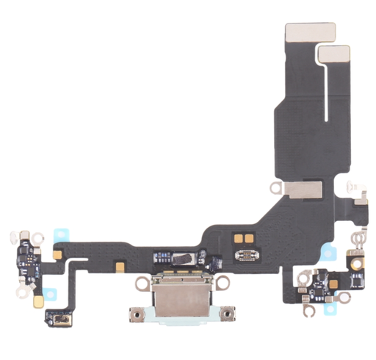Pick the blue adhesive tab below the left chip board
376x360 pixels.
[x=51, y=295]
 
